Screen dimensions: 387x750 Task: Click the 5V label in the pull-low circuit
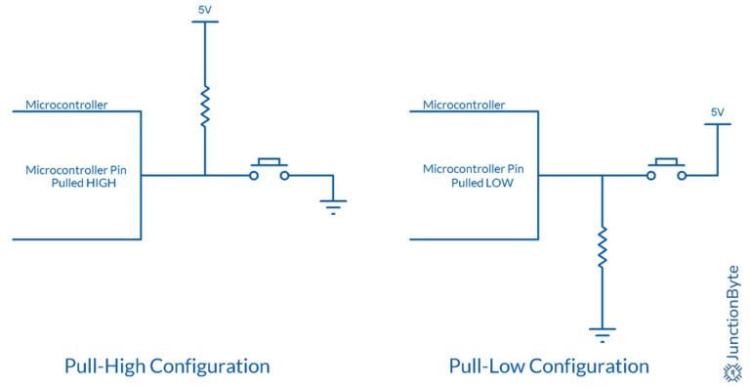(717, 112)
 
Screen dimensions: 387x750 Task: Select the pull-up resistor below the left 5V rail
(204, 107)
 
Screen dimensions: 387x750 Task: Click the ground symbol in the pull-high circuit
(334, 204)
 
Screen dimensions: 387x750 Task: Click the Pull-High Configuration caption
(167, 366)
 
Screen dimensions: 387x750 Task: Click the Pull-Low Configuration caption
(549, 366)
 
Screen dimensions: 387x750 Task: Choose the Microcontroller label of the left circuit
(66, 104)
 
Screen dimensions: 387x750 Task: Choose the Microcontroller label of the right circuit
(464, 104)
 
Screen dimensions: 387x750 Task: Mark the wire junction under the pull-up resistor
(204, 175)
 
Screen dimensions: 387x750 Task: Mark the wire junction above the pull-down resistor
(603, 175)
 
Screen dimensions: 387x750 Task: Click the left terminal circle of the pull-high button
(253, 175)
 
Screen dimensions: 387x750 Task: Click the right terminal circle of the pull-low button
(683, 175)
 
